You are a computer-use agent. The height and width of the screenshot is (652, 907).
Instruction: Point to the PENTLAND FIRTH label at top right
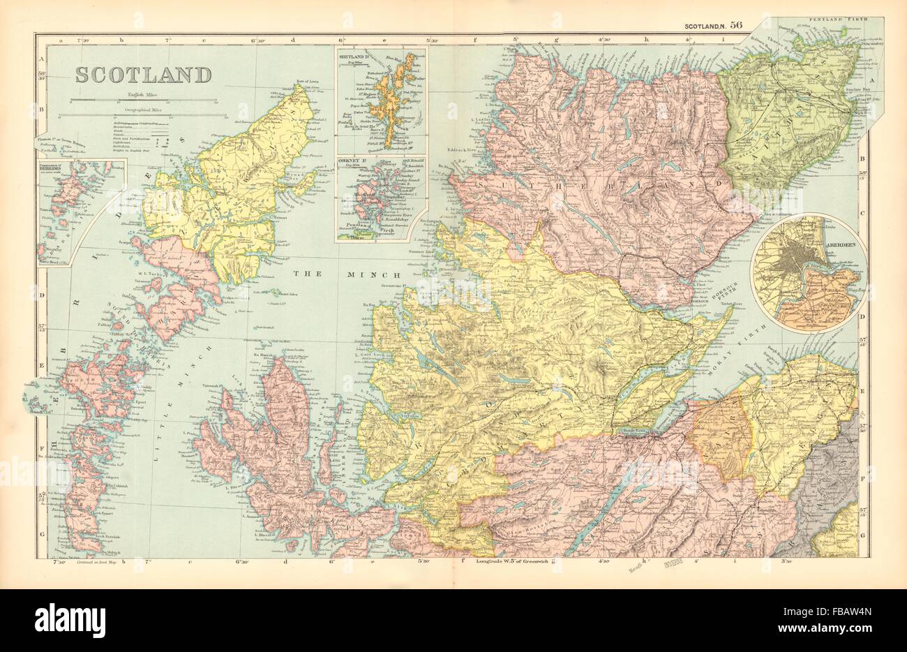[834, 22]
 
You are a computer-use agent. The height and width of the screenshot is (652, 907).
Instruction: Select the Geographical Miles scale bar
[146, 113]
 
